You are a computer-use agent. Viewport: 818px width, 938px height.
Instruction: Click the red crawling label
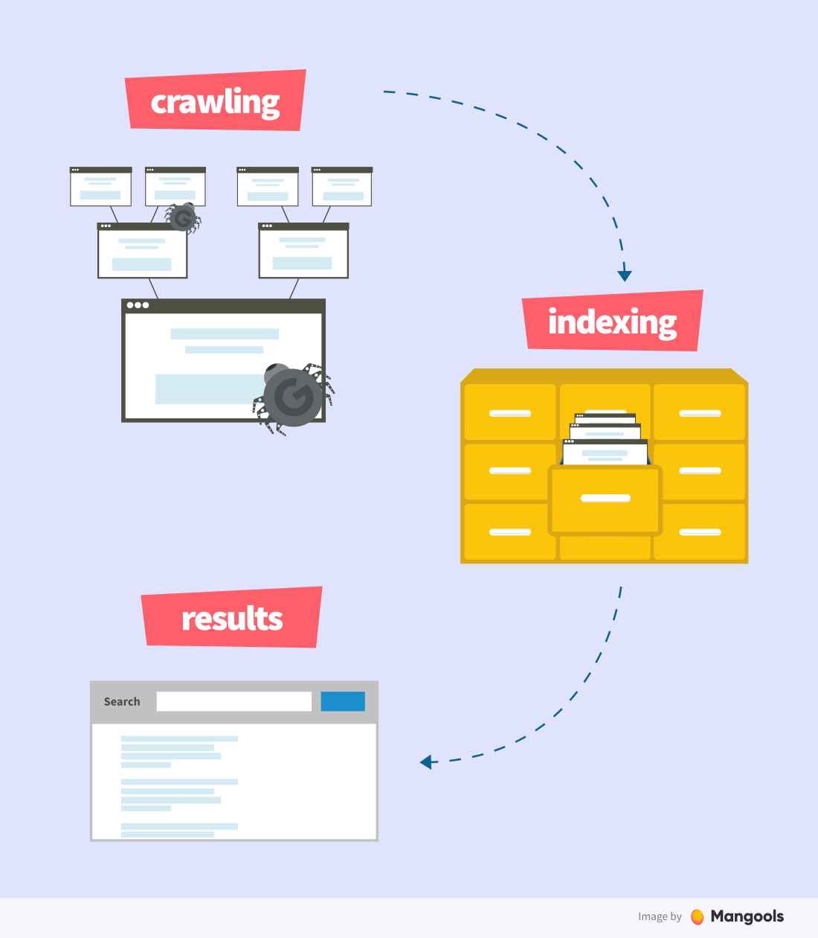215,100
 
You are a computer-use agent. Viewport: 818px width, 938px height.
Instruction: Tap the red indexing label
613,321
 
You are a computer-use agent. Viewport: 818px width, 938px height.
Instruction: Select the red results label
232,617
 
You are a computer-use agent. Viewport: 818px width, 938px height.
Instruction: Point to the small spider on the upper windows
183,218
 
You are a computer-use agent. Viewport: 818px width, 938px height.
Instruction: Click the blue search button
343,701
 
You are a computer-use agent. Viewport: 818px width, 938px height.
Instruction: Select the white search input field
234,701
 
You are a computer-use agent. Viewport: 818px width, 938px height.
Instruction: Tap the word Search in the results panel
122,701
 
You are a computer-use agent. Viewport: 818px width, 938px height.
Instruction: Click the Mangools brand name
747,916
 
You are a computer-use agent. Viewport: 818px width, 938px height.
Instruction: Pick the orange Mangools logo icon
697,917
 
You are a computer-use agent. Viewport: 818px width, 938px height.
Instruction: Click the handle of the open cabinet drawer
605,498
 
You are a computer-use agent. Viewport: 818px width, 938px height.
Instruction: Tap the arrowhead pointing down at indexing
625,275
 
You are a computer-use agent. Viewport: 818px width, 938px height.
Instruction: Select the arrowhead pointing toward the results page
425,762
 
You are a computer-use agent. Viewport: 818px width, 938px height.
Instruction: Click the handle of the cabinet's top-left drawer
510,413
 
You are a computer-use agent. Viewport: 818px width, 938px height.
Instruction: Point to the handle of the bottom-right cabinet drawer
701,532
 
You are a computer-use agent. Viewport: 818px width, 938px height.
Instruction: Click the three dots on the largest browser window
138,305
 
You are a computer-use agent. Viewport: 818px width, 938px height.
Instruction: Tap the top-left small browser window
100,187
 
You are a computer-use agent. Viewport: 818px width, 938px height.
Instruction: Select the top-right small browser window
342,187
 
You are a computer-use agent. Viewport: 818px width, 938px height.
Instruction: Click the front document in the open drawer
605,452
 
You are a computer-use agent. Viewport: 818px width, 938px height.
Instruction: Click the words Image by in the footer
660,916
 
